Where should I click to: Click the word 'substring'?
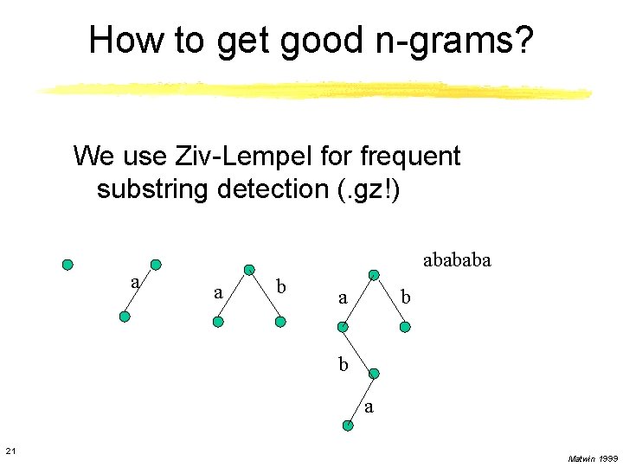pos(151,189)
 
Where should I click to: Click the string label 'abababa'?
pos(456,259)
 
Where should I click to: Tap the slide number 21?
pos(10,451)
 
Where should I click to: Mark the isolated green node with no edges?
pos(67,265)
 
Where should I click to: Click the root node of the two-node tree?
pos(156,265)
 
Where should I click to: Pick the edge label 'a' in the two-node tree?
pos(134,282)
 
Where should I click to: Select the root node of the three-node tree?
pos(249,270)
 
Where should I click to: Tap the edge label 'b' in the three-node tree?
pos(279,286)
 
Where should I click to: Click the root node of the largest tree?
pos(374,275)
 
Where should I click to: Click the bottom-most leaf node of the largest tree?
pos(347,425)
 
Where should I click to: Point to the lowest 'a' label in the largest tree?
pos(369,406)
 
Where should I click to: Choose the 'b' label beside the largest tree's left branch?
pos(344,364)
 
